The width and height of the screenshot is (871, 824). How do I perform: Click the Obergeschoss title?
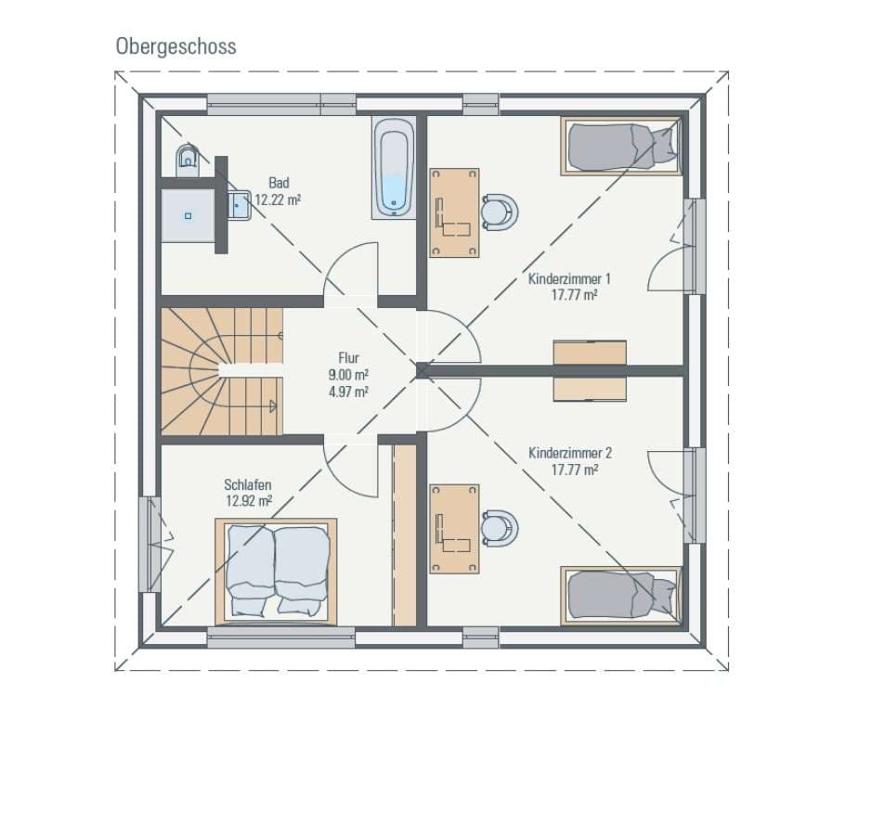[x=176, y=46]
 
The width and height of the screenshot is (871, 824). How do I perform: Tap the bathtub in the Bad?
[x=394, y=167]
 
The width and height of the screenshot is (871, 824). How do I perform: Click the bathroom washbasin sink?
[x=240, y=205]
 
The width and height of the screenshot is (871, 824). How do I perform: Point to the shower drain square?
[x=188, y=215]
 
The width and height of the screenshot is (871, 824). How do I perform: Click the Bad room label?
[x=279, y=183]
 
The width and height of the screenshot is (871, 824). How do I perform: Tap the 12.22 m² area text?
[x=278, y=200]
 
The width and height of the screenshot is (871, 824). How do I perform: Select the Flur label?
[x=348, y=358]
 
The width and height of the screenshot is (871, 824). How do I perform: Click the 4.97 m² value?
[x=348, y=392]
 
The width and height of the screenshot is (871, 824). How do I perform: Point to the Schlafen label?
[x=248, y=484]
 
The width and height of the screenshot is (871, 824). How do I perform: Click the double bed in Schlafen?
[x=276, y=571]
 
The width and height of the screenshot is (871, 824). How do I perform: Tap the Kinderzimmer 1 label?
[x=569, y=278]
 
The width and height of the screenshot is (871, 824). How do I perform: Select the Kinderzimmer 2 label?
[x=570, y=453]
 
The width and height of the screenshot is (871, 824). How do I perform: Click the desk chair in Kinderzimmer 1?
[x=500, y=212]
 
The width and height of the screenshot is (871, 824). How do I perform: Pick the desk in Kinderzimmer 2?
[x=454, y=529]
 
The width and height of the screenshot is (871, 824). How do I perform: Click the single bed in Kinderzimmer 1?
[x=621, y=147]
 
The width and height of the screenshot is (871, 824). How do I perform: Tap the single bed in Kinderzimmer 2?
[x=621, y=596]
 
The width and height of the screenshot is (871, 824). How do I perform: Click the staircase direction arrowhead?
[x=272, y=406]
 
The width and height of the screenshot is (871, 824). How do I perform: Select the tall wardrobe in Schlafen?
[x=405, y=535]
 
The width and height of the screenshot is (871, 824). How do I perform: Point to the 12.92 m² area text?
[x=249, y=501]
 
